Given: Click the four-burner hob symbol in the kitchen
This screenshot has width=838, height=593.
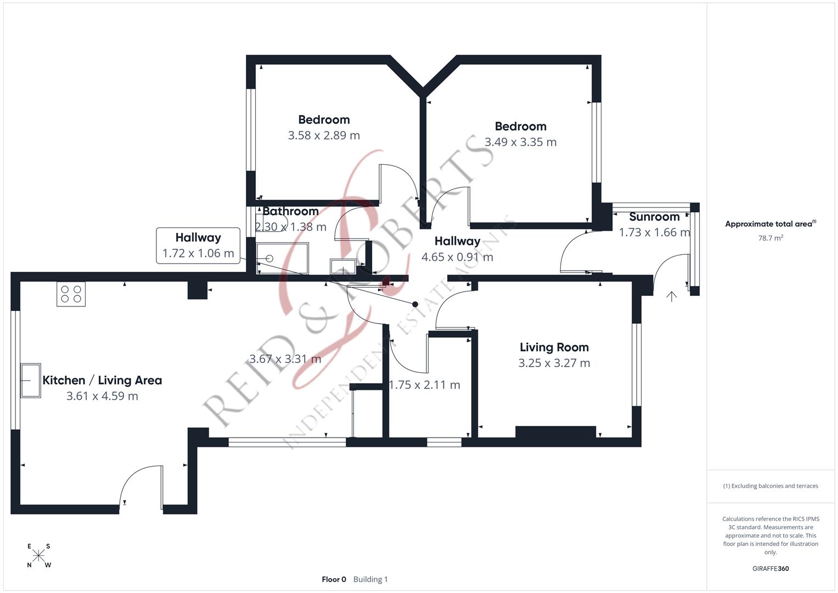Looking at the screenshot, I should click(x=71, y=294).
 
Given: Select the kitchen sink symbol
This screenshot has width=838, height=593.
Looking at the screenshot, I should click(x=31, y=380).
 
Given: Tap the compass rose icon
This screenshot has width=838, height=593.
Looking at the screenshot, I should click(x=39, y=556).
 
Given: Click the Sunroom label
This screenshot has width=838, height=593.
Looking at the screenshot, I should click(x=654, y=216).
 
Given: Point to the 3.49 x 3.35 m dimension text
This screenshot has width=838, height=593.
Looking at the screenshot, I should click(x=520, y=142).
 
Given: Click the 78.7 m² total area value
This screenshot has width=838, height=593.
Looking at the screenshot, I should click(x=770, y=238).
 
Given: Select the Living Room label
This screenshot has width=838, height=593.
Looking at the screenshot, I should click(x=554, y=347).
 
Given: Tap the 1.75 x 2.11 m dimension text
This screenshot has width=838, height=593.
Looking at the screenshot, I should click(x=424, y=385).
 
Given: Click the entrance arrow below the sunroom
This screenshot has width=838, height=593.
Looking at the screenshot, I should click(x=671, y=296).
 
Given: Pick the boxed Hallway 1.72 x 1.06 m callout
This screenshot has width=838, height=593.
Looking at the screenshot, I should click(x=198, y=245).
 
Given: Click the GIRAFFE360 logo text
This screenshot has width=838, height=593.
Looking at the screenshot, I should click(x=770, y=568).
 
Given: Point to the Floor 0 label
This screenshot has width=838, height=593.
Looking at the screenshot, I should click(x=334, y=579).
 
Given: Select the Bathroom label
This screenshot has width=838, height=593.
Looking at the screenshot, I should click(x=290, y=211).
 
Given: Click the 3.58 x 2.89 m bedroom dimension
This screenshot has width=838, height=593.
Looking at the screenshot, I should click(x=324, y=136).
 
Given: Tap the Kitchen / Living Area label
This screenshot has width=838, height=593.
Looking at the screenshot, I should click(x=102, y=380).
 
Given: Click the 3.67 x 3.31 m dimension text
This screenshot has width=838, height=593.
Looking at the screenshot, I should click(x=285, y=359).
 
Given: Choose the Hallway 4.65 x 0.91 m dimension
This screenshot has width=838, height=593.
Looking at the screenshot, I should click(x=457, y=257).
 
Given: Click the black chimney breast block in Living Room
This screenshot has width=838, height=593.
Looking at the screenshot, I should click(x=555, y=432).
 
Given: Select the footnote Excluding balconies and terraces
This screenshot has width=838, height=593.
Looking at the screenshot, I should click(x=770, y=486).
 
